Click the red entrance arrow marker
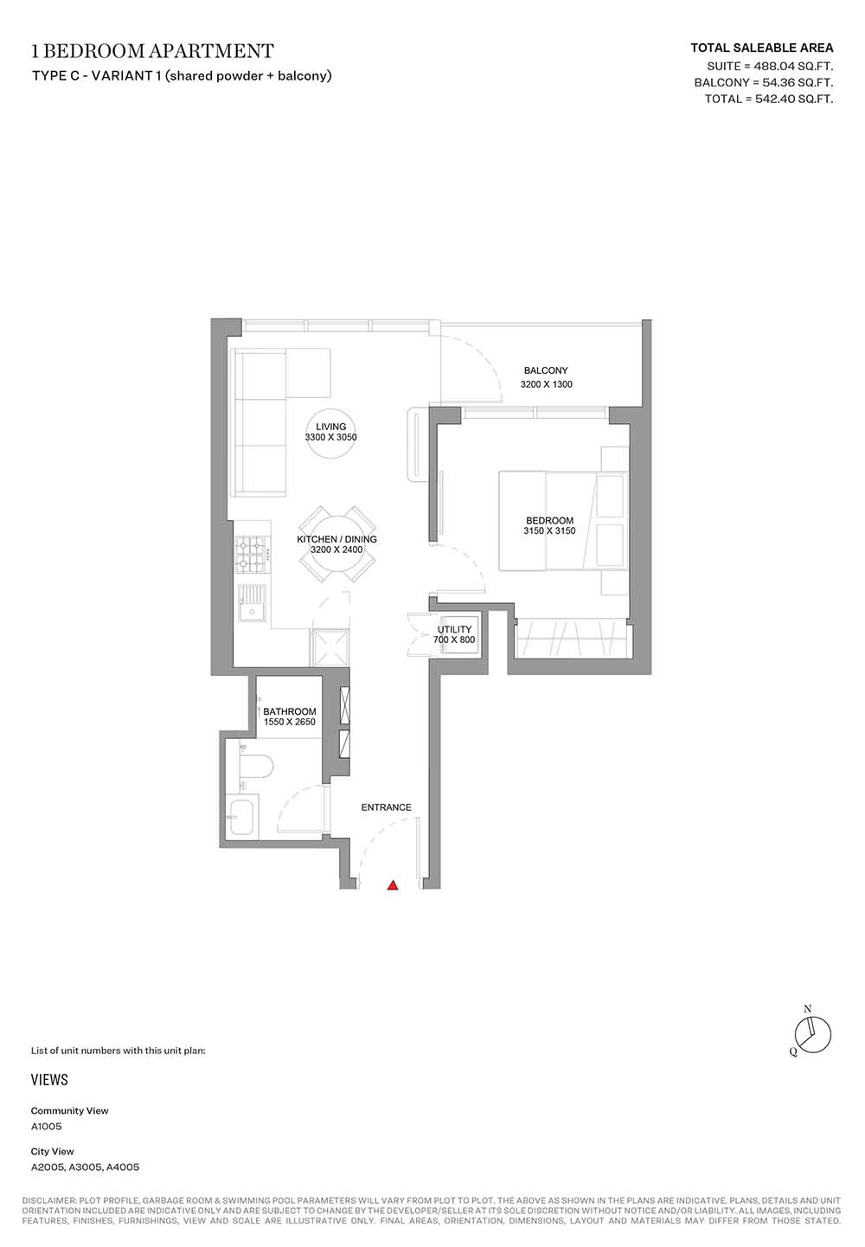(393, 885)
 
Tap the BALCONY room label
(546, 370)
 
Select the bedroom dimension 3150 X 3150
(549, 530)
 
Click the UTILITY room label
(454, 630)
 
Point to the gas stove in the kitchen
(252, 555)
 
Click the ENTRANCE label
(387, 807)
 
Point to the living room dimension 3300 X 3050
(330, 437)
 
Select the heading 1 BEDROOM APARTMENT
(152, 51)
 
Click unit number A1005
(46, 1126)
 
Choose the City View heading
(52, 1151)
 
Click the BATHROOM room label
(290, 711)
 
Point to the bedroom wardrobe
(573, 640)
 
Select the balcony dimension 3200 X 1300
(546, 384)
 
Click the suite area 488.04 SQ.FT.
(793, 67)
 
